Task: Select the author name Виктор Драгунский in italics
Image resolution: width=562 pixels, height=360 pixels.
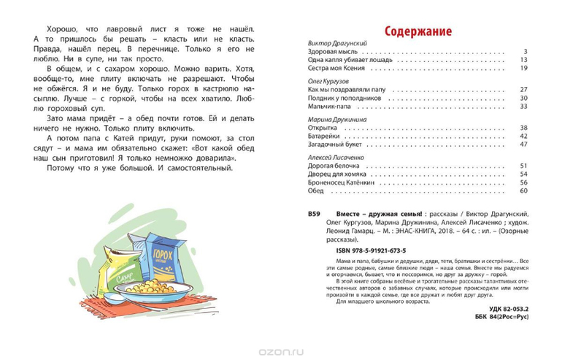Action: click(333, 45)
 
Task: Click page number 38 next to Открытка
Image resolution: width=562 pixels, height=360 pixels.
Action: click(523, 127)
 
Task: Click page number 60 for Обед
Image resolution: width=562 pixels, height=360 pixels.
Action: click(523, 191)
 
